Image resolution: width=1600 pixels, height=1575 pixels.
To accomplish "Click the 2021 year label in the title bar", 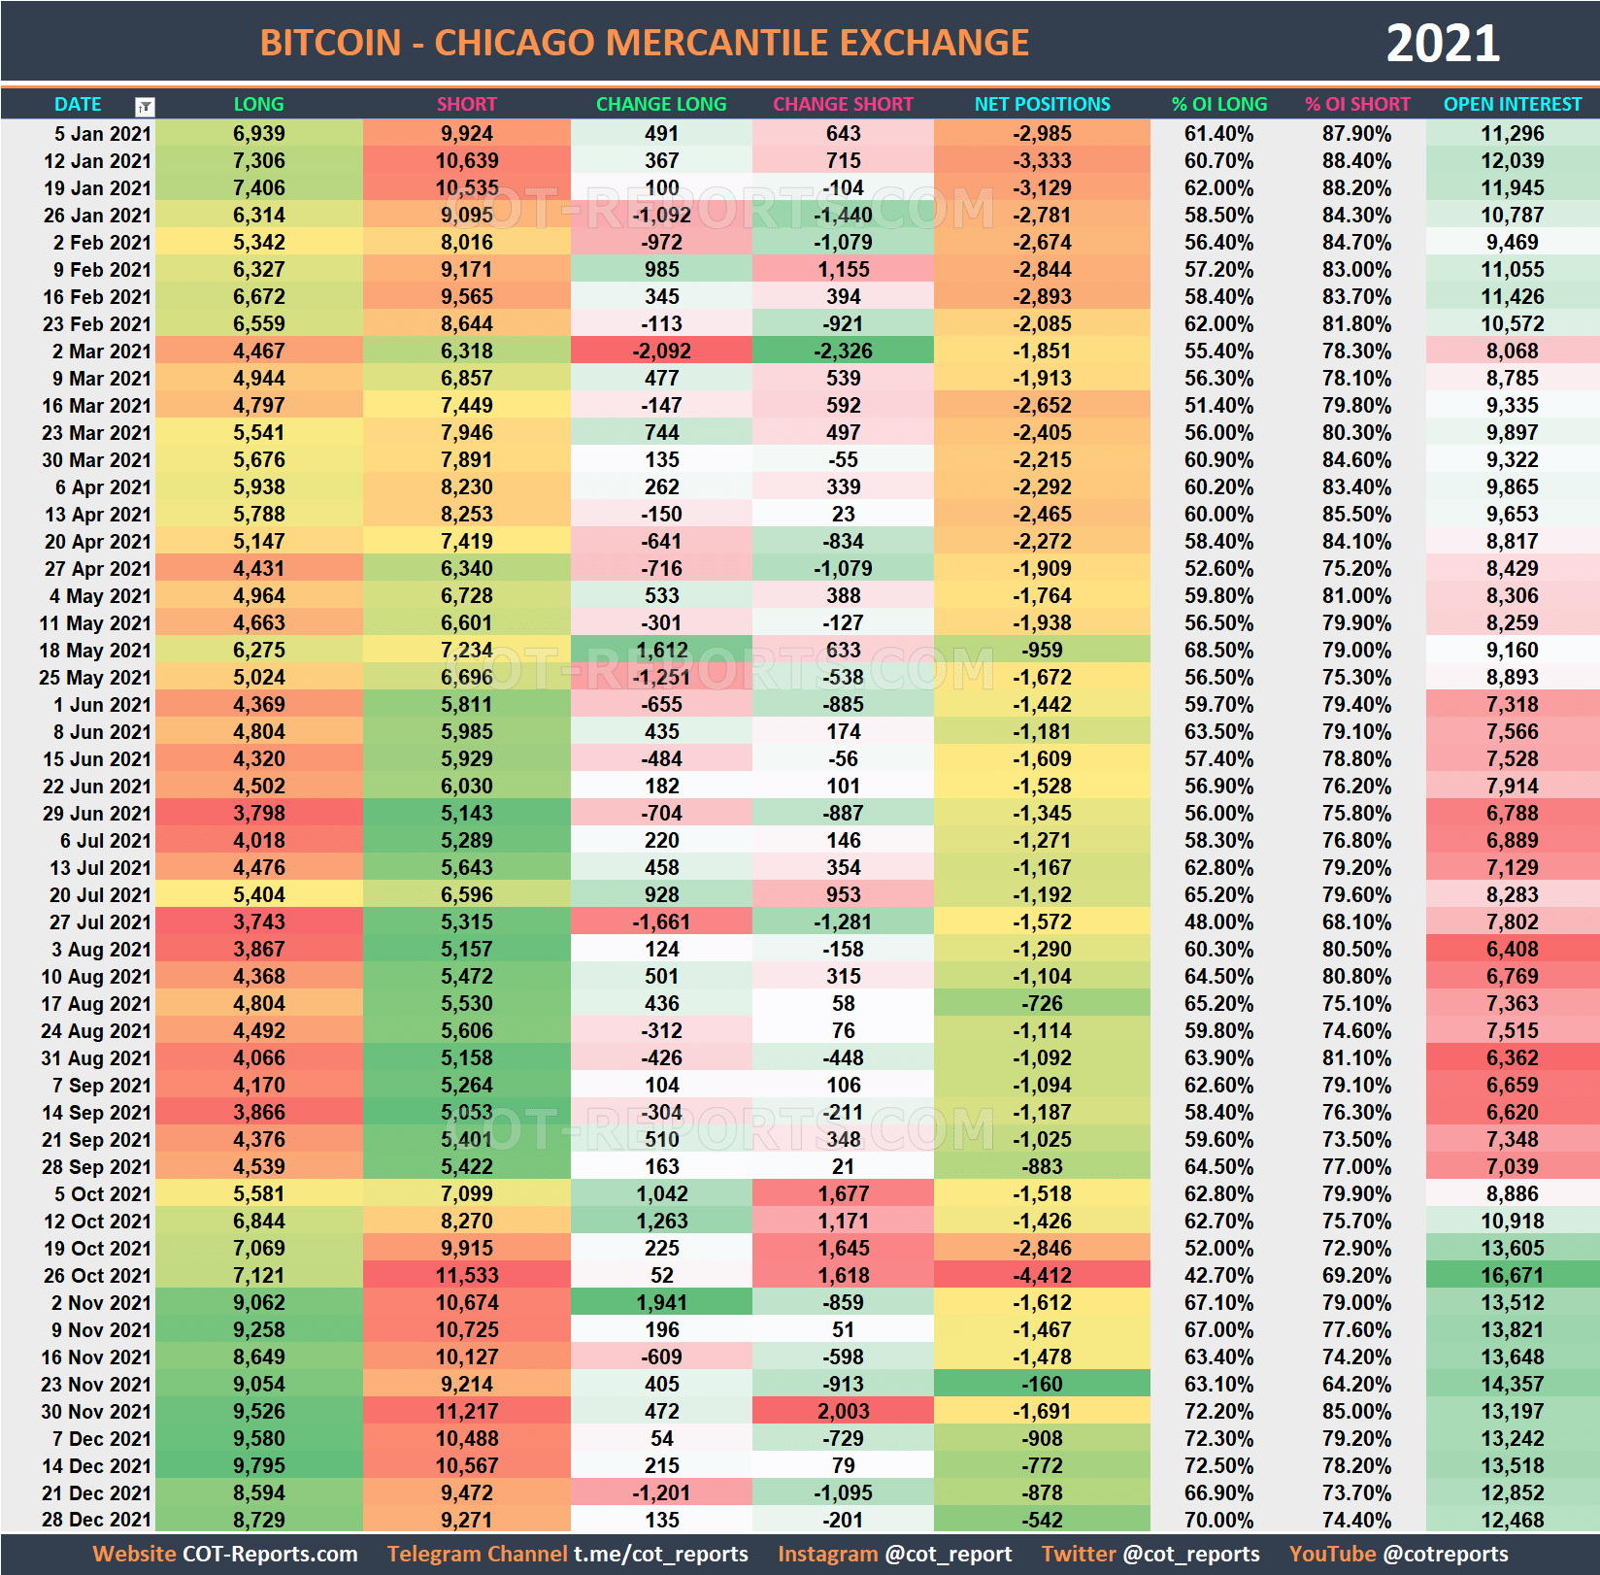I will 1442,44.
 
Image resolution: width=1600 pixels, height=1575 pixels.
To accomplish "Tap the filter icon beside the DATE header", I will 145,107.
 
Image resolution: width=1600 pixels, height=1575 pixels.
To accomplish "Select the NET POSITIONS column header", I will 1042,104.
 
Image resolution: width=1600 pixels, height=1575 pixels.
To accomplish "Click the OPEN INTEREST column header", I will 1512,104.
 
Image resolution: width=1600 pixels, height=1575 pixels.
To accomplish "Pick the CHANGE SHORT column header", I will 843,104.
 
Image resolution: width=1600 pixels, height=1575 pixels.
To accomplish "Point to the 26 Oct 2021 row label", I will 97,1275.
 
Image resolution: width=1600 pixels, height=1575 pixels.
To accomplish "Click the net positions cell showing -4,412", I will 1042,1275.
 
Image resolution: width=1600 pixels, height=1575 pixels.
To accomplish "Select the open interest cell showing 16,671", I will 1512,1275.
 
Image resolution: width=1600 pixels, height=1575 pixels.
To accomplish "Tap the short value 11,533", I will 466,1275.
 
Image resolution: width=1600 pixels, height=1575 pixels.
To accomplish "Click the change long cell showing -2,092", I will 661,351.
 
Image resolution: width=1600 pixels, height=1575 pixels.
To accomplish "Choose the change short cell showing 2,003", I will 843,1411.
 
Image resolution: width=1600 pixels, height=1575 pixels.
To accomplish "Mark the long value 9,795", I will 258,1465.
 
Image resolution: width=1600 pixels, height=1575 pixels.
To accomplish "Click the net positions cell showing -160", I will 1042,1384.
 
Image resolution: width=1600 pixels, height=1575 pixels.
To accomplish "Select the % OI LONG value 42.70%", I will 1218,1275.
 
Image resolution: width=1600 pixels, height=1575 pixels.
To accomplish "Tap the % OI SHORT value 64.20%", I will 1356,1384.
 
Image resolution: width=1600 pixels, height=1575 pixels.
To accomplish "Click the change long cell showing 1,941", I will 661,1302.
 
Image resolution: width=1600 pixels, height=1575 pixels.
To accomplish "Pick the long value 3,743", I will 258,922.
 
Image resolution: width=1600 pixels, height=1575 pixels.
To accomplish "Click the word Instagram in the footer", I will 827,1554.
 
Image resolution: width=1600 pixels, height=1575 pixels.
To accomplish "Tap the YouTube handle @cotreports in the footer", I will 1446,1554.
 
